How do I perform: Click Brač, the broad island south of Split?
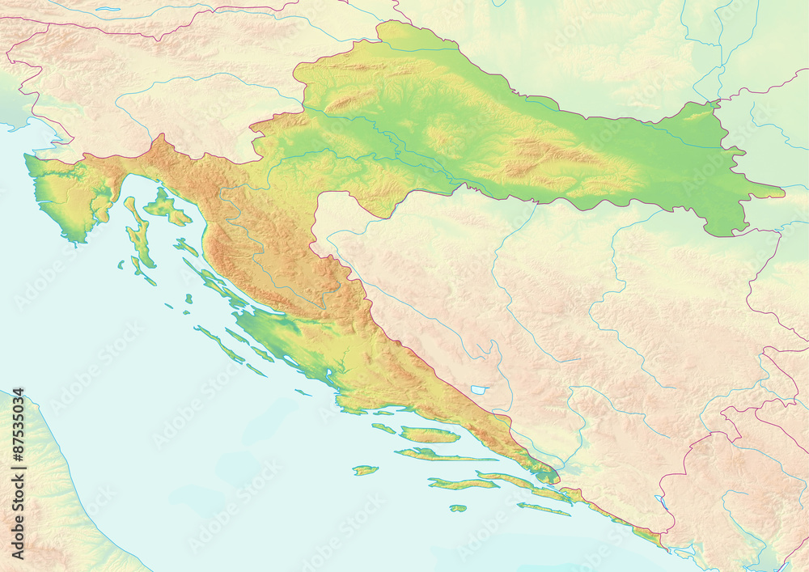(x=429, y=434)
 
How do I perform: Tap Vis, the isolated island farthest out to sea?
(x=365, y=470)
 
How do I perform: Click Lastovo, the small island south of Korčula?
(x=458, y=508)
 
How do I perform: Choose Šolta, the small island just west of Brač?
(x=383, y=428)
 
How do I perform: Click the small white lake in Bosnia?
(x=479, y=390)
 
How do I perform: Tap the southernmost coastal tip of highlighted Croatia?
(x=663, y=546)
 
